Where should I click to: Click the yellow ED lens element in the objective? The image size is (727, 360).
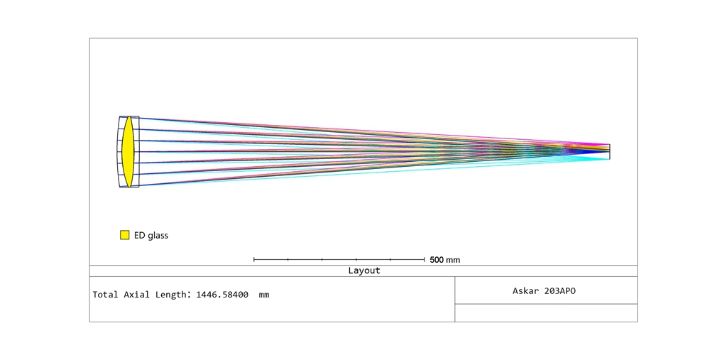pos(128,152)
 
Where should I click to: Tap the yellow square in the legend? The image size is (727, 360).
pos(125,235)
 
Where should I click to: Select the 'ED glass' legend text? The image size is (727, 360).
pos(151,235)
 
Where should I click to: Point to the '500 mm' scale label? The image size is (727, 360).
pos(444,260)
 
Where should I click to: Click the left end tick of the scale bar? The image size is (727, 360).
pos(254,259)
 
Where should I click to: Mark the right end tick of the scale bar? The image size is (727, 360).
pos(425,259)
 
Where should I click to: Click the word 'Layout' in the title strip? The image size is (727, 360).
pos(364,271)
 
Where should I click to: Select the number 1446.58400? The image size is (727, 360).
pos(222,295)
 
